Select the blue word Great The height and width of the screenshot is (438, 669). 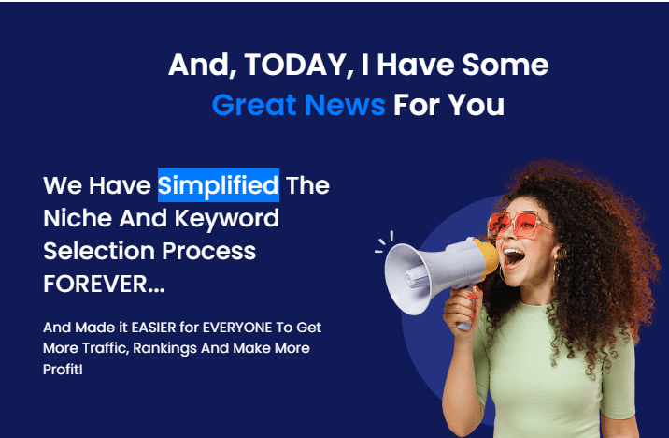254,105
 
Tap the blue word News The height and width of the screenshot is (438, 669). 345,105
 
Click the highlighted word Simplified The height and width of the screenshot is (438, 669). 219,185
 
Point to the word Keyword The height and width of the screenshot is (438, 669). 226,219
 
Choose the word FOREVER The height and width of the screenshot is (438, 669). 104,284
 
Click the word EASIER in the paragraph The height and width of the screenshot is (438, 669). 153,328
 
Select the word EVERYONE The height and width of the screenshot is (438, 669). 237,328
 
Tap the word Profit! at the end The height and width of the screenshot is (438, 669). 63,369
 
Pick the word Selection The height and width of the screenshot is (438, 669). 98,251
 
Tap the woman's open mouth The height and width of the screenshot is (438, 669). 513,257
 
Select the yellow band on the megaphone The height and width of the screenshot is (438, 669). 487,259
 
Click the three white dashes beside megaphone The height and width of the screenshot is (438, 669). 384,242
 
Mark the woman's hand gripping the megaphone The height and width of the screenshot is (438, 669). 463,311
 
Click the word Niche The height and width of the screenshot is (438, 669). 78,218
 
